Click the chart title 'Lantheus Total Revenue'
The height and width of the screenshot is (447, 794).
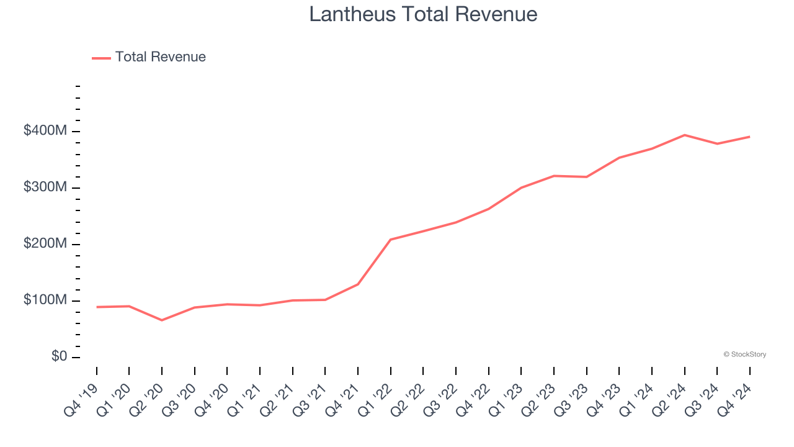(x=423, y=14)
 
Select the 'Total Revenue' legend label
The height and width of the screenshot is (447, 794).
(x=160, y=57)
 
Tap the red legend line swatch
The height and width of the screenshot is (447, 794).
(x=101, y=58)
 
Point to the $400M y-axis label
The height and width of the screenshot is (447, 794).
(x=46, y=131)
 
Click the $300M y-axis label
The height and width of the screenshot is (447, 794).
(x=46, y=187)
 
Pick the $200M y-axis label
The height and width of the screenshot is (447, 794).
(x=46, y=244)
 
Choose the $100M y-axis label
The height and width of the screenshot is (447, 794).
(x=46, y=300)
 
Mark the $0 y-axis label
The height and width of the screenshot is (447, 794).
(x=60, y=357)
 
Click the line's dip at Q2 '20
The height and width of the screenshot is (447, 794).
(x=162, y=320)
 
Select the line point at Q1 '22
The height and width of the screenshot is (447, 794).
(x=391, y=240)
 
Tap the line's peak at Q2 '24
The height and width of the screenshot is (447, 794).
(x=684, y=135)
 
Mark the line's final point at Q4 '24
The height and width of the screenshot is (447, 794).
(x=749, y=137)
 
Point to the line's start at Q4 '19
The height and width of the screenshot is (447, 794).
(x=97, y=307)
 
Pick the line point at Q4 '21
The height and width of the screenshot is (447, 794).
(x=358, y=284)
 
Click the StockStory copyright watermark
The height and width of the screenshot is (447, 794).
(x=745, y=354)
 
